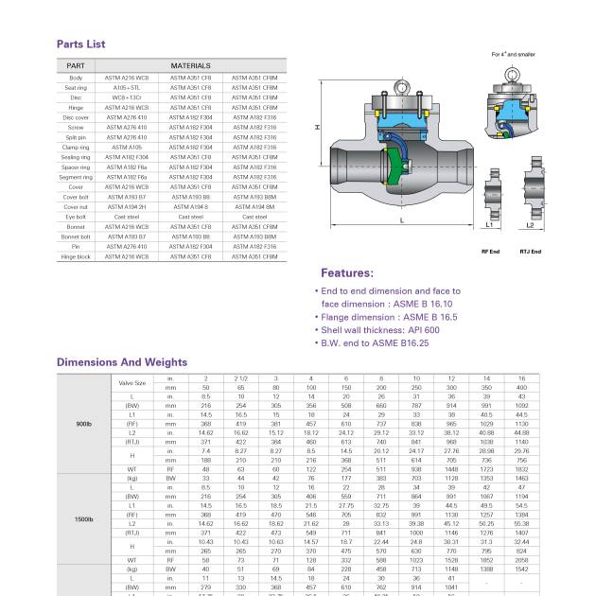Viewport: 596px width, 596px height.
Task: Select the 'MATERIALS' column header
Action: point(190,65)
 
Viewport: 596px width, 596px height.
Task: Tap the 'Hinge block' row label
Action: point(76,256)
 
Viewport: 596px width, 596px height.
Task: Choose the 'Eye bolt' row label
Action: point(76,217)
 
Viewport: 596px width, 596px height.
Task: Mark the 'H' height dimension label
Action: point(318,127)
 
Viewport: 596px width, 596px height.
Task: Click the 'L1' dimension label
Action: point(489,226)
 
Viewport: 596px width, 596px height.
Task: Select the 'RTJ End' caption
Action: point(530,252)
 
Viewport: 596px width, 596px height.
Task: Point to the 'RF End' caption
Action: point(490,252)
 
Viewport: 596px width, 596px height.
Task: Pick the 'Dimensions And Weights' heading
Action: point(121,361)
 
